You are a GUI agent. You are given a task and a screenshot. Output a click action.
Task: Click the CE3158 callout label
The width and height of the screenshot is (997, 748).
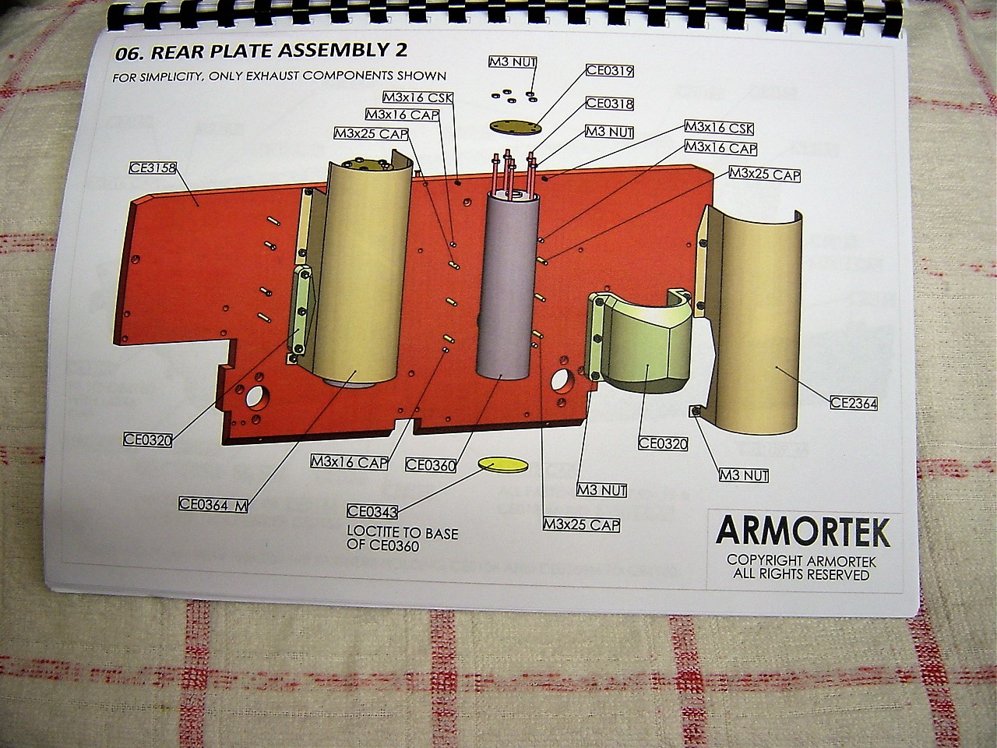[x=153, y=167]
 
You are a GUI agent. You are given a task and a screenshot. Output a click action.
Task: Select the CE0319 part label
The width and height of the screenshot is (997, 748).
[x=610, y=71]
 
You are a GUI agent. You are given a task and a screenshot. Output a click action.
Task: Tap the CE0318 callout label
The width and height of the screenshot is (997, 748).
[x=609, y=104]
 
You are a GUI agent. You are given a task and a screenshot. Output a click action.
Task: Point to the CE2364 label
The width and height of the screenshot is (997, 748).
[x=854, y=404]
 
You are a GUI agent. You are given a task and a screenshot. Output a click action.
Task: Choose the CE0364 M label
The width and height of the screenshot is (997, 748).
[x=213, y=504]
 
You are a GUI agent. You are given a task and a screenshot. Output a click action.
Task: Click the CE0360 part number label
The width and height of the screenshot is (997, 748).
[x=431, y=465]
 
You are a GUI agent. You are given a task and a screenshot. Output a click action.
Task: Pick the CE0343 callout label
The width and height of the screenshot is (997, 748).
[x=372, y=512]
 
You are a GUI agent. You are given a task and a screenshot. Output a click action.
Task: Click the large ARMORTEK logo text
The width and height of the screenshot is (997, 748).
[x=802, y=532]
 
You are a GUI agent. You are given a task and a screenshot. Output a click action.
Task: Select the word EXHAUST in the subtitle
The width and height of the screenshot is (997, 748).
[x=277, y=76]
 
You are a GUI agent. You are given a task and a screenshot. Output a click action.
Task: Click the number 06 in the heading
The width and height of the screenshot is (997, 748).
[x=126, y=54]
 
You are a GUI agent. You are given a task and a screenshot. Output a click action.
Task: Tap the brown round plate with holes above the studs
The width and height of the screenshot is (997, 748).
[x=515, y=126]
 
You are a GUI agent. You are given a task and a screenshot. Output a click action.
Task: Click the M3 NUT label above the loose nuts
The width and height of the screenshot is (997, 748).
[x=513, y=62]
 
